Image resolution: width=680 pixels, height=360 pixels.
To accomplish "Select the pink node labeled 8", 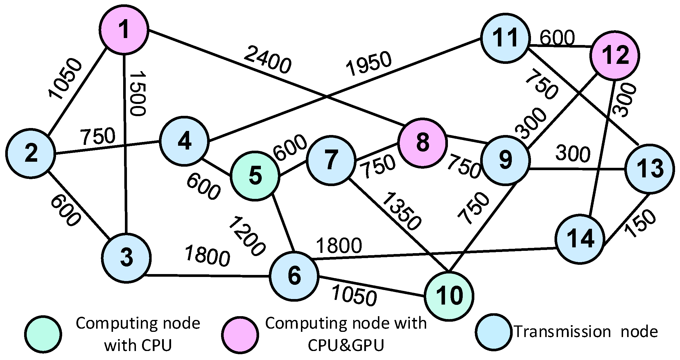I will [422, 143].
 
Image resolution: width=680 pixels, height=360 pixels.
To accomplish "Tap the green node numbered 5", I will [255, 176].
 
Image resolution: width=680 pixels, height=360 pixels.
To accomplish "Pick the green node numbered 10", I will [449, 296].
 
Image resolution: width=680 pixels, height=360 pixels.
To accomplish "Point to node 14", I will [580, 239].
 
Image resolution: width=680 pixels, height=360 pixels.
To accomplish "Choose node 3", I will [126, 258].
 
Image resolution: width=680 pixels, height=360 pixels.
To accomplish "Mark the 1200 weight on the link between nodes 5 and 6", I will [247, 236].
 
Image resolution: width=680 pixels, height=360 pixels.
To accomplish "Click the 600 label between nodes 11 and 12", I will [557, 38].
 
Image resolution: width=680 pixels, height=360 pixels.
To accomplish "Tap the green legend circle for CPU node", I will [43, 334].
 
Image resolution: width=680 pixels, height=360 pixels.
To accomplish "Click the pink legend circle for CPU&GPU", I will [240, 334].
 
